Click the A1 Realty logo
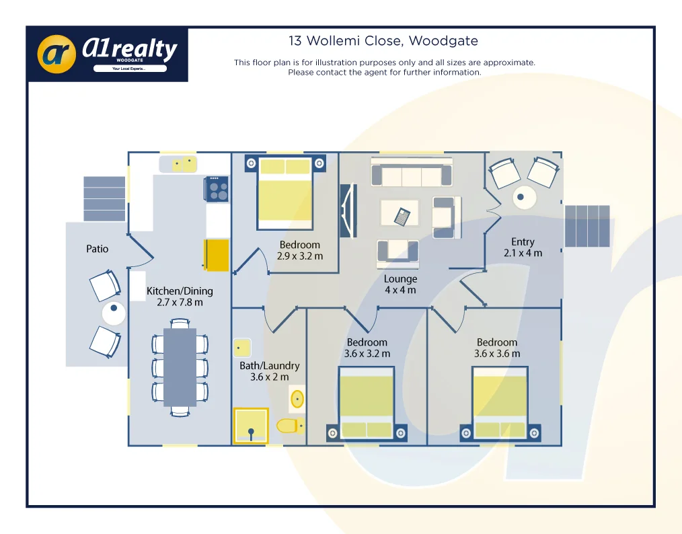pyautogui.click(x=108, y=54)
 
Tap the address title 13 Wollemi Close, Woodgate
pyautogui.click(x=383, y=41)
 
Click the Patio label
pyautogui.click(x=98, y=249)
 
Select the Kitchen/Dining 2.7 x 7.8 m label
pyautogui.click(x=180, y=297)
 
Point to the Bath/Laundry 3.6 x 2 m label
pyautogui.click(x=269, y=371)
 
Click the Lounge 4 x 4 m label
pyautogui.click(x=400, y=284)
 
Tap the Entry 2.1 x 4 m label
pyautogui.click(x=523, y=247)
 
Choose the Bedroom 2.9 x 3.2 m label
pyautogui.click(x=300, y=250)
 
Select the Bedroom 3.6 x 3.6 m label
pyautogui.click(x=497, y=348)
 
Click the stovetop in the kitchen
pyautogui.click(x=218, y=188)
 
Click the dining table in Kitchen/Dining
pyautogui.click(x=180, y=367)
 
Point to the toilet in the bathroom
pyautogui.click(x=289, y=426)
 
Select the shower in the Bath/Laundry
pyautogui.click(x=250, y=426)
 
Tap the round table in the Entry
pyautogui.click(x=523, y=198)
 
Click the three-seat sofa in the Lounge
pyautogui.click(x=411, y=174)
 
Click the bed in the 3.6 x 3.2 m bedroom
pyautogui.click(x=366, y=403)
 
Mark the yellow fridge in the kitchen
pyautogui.click(x=217, y=255)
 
